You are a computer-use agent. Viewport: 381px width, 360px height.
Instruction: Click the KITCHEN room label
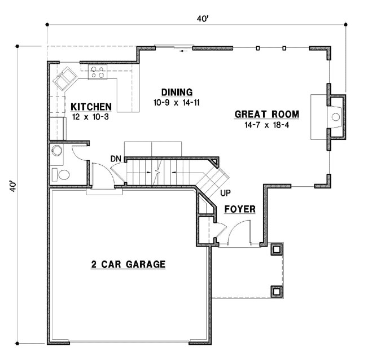(x=91, y=107)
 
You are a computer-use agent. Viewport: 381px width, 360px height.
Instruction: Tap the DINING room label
(x=177, y=93)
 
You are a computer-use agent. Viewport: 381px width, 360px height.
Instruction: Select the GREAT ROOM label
(x=266, y=115)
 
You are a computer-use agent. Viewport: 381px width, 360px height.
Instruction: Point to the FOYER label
(x=239, y=209)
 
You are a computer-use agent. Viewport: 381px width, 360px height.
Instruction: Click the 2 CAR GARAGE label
(x=128, y=264)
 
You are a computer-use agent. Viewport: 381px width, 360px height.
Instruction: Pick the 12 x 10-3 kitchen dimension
(x=91, y=117)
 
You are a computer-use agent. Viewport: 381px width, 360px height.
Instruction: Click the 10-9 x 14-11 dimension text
(x=177, y=103)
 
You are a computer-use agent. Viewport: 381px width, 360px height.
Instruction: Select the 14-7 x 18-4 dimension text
(x=266, y=125)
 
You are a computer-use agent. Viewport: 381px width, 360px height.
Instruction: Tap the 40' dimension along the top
(x=203, y=19)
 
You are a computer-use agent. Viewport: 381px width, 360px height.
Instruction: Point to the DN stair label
(x=116, y=159)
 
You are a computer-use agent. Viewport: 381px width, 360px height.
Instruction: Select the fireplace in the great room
(x=335, y=117)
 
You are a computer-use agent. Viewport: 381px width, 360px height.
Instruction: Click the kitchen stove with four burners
(x=97, y=72)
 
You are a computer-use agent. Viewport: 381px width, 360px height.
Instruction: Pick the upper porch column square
(x=276, y=249)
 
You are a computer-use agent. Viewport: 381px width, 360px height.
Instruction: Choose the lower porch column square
(x=276, y=291)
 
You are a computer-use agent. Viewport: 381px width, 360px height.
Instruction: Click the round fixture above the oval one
(x=56, y=151)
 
